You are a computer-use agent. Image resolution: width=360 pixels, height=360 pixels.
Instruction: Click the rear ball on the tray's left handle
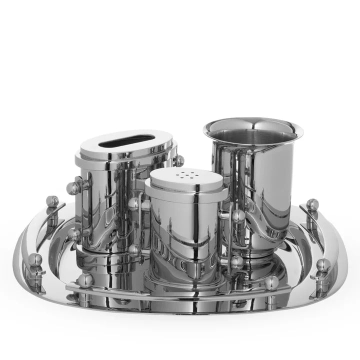coord(52,201)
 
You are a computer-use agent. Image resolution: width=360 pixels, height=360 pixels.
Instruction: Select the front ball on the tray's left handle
coord(35,259)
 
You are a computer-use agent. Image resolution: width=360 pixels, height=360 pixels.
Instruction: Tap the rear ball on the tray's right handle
coord(312,204)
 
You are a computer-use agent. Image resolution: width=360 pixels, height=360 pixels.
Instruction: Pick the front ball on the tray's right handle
coord(323,265)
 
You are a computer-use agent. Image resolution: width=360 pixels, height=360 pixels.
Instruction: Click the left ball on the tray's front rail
coord(84,280)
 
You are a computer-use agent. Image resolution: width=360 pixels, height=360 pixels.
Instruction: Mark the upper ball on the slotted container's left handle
coord(73,188)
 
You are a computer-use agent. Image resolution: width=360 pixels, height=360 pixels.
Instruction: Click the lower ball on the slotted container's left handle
coord(74,234)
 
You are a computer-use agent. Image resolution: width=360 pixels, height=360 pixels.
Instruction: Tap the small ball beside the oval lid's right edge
coord(179,160)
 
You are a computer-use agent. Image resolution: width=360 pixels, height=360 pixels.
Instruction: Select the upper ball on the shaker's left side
coord(134,203)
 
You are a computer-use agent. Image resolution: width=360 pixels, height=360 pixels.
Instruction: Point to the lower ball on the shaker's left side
coord(134,250)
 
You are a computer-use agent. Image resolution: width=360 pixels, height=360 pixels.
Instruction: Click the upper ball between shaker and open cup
coord(238,216)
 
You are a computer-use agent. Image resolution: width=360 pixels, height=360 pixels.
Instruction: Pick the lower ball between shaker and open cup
coord(236,261)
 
